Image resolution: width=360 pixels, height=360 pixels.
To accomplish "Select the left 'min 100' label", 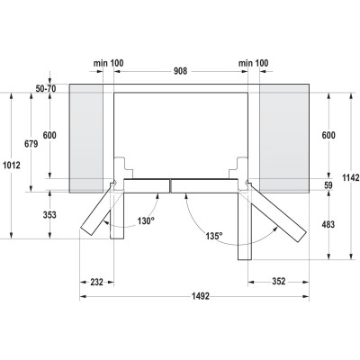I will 109,65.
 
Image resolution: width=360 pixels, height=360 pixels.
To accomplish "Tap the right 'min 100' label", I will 253,65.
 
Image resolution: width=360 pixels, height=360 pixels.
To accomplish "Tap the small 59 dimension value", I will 328,186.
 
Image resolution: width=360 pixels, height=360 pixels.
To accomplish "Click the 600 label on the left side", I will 49,135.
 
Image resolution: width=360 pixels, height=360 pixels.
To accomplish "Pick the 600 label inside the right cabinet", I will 327,135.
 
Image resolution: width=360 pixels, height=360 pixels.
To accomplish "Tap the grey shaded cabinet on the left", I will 88,135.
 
